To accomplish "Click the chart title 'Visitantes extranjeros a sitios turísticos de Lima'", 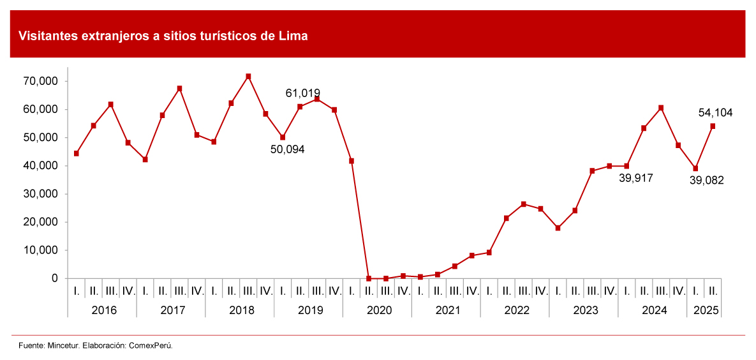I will (x=163, y=36).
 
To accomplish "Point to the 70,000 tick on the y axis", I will (x=41, y=82).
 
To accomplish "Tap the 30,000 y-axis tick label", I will (x=41, y=194).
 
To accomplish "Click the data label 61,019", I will (x=302, y=93).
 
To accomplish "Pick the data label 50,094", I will (x=288, y=149).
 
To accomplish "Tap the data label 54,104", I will (x=715, y=113).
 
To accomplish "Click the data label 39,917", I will (x=636, y=178).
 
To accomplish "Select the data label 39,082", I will (x=707, y=180).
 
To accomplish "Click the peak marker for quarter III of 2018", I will (x=248, y=77).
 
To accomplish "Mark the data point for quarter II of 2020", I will (x=369, y=278).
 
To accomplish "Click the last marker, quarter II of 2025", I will (x=713, y=126).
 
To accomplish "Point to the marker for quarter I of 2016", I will (x=77, y=153).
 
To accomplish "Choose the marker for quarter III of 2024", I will (x=661, y=108).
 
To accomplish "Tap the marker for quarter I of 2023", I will (x=558, y=228).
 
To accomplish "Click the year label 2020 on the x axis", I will (x=377, y=310).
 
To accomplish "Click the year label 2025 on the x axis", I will (x=704, y=310).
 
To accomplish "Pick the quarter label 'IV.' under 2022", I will (x=540, y=291).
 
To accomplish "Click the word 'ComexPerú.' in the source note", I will (x=151, y=345).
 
